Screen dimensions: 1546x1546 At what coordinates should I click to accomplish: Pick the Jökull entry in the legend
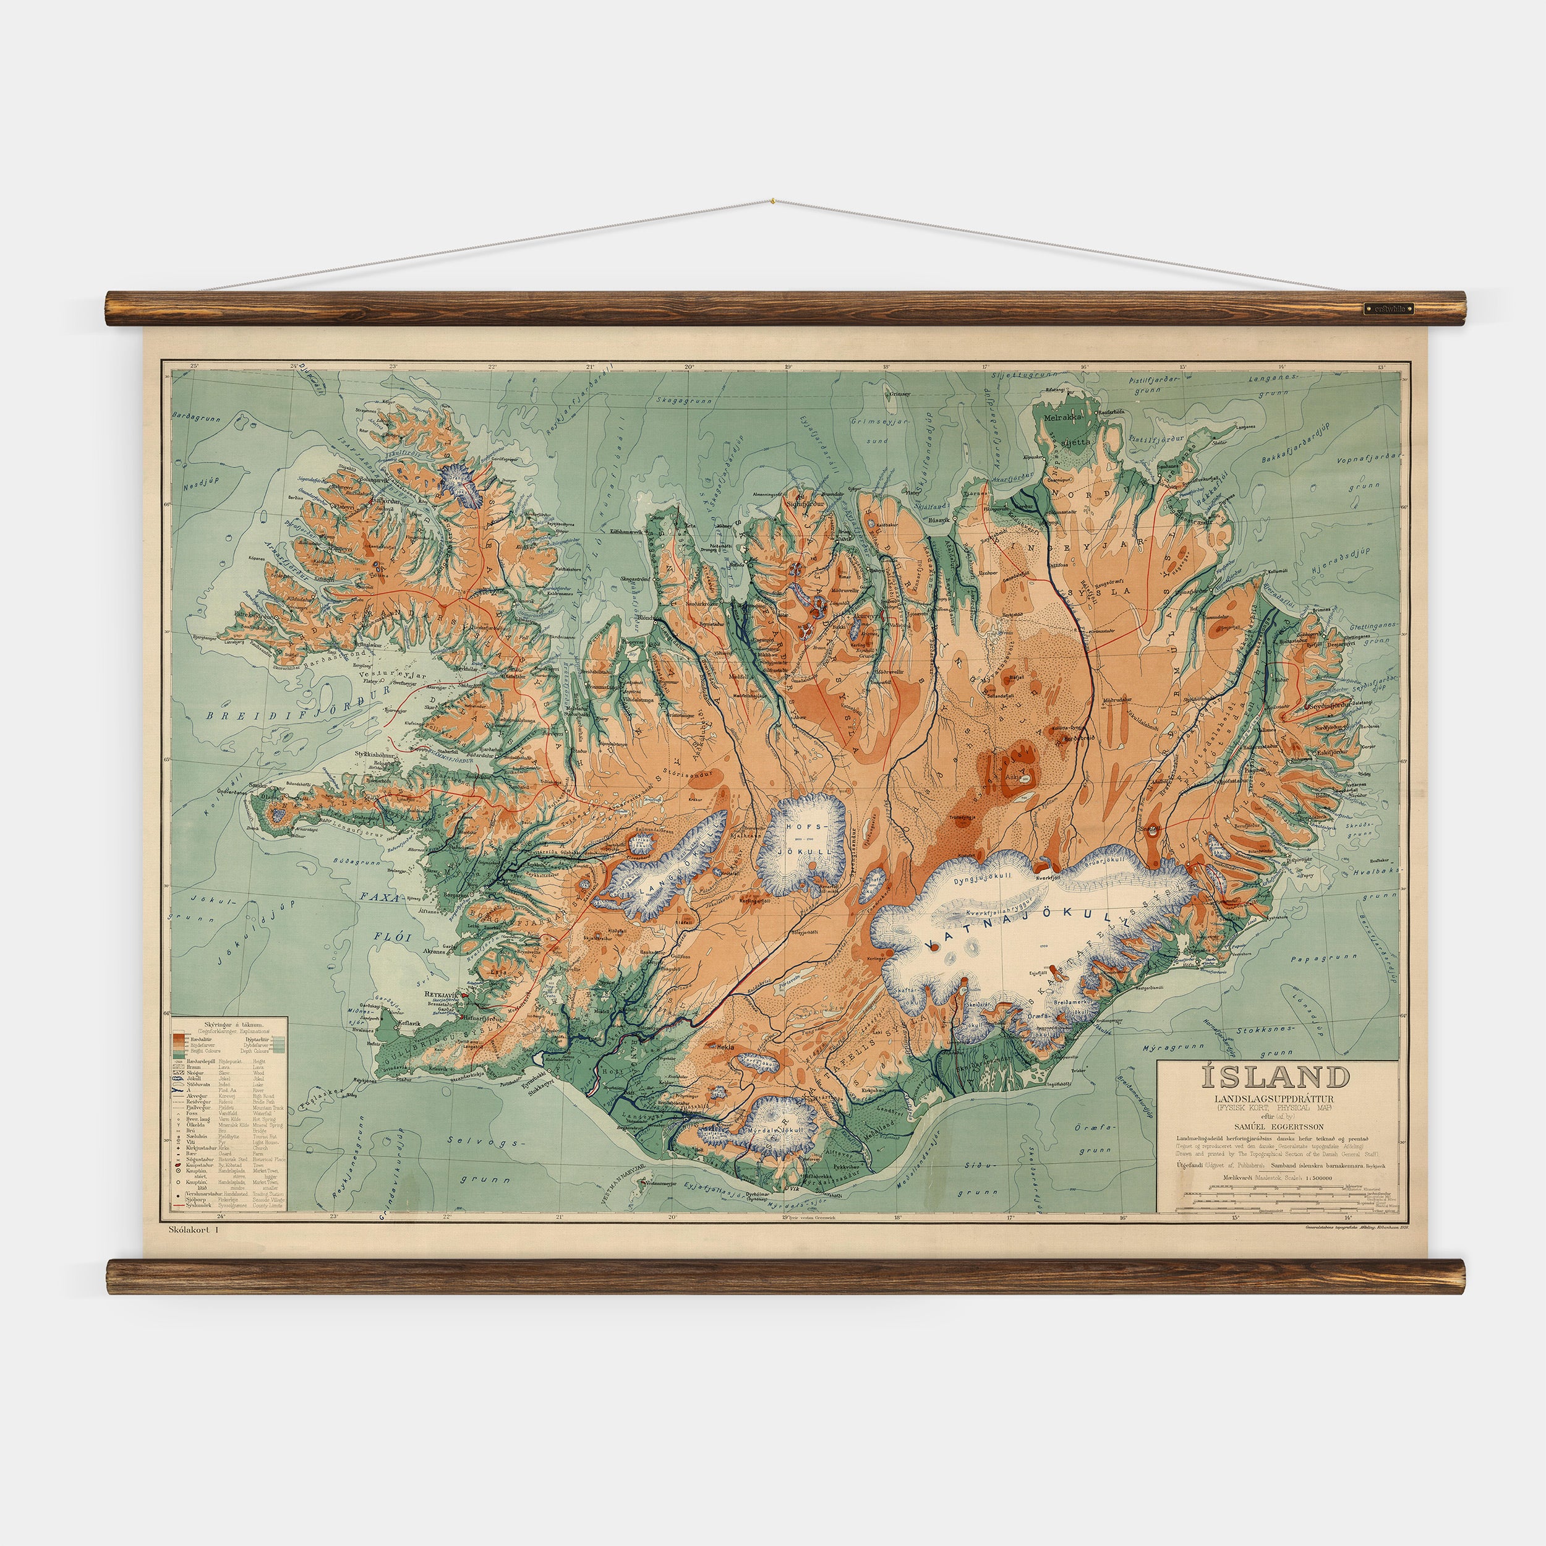193,1078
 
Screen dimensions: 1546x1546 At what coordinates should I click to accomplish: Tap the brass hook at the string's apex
773,201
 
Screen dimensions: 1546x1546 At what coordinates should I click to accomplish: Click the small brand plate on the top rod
1388,308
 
